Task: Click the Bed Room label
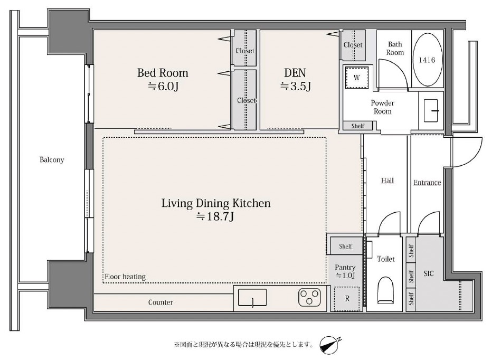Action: [x=163, y=73]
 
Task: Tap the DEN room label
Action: [x=295, y=73]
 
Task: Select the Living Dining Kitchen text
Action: [x=216, y=203]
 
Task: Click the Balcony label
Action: [x=52, y=159]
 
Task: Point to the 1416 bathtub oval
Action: [x=427, y=60]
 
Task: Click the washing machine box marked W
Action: [x=356, y=78]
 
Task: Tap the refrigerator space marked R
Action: [x=347, y=299]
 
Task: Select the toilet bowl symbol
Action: [x=386, y=290]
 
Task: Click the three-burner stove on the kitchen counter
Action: [x=309, y=297]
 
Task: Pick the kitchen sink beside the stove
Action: [x=252, y=297]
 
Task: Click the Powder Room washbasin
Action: [x=431, y=110]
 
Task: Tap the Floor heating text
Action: [x=125, y=277]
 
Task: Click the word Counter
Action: [x=160, y=302]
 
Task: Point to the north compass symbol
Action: [x=329, y=345]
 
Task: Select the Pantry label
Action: [x=345, y=267]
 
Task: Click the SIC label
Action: [x=429, y=273]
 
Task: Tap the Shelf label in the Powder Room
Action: [x=357, y=126]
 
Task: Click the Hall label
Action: [x=388, y=181]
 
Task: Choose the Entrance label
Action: [x=427, y=183]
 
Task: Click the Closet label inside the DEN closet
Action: [x=353, y=45]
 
